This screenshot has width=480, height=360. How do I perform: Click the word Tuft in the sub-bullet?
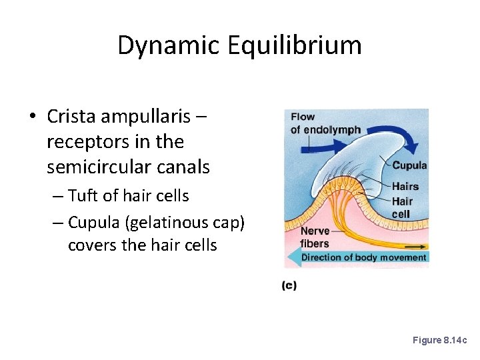pyautogui.click(x=82, y=196)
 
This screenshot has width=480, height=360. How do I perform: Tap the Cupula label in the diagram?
pyautogui.click(x=409, y=165)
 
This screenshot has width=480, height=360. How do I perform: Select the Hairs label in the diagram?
pyautogui.click(x=405, y=187)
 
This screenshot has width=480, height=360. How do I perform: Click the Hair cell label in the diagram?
pyautogui.click(x=402, y=207)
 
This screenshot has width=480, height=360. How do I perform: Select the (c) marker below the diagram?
pyautogui.click(x=289, y=285)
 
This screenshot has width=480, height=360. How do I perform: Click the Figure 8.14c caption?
pyautogui.click(x=440, y=340)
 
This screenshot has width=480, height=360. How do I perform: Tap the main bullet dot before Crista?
pyautogui.click(x=32, y=117)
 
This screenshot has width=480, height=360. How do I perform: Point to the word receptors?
pyautogui.click(x=85, y=141)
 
